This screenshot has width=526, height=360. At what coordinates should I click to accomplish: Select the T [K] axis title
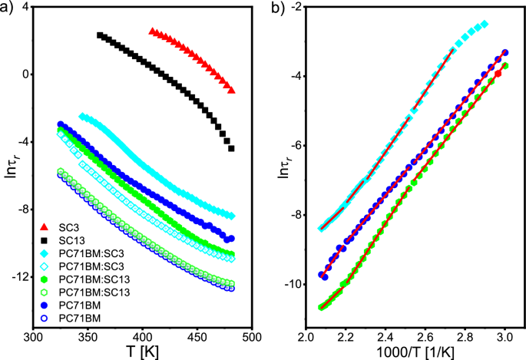pyautogui.click(x=143, y=351)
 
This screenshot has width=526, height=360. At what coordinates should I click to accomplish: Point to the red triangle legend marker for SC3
pyautogui.click(x=44, y=229)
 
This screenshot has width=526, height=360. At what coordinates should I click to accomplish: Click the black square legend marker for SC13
pyautogui.click(x=44, y=240)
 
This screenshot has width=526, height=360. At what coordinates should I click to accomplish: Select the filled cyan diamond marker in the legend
pyautogui.click(x=44, y=252)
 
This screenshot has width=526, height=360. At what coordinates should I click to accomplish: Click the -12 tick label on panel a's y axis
pyautogui.click(x=19, y=277)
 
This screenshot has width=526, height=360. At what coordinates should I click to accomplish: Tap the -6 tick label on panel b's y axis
pyautogui.click(x=293, y=146)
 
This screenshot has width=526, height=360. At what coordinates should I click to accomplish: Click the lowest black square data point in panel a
pyautogui.click(x=231, y=148)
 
